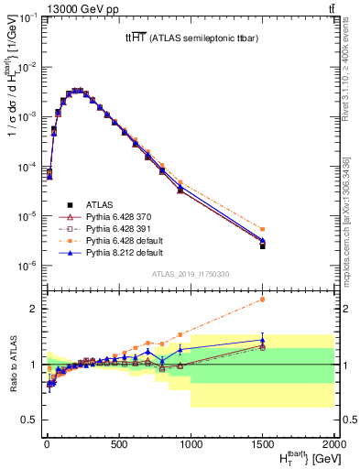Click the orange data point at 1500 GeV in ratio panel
(x=263, y=299)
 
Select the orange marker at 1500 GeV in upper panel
(x=263, y=229)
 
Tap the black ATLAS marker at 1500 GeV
(x=263, y=245)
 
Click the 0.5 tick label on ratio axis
(x=27, y=420)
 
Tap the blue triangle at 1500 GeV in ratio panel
(x=263, y=340)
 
